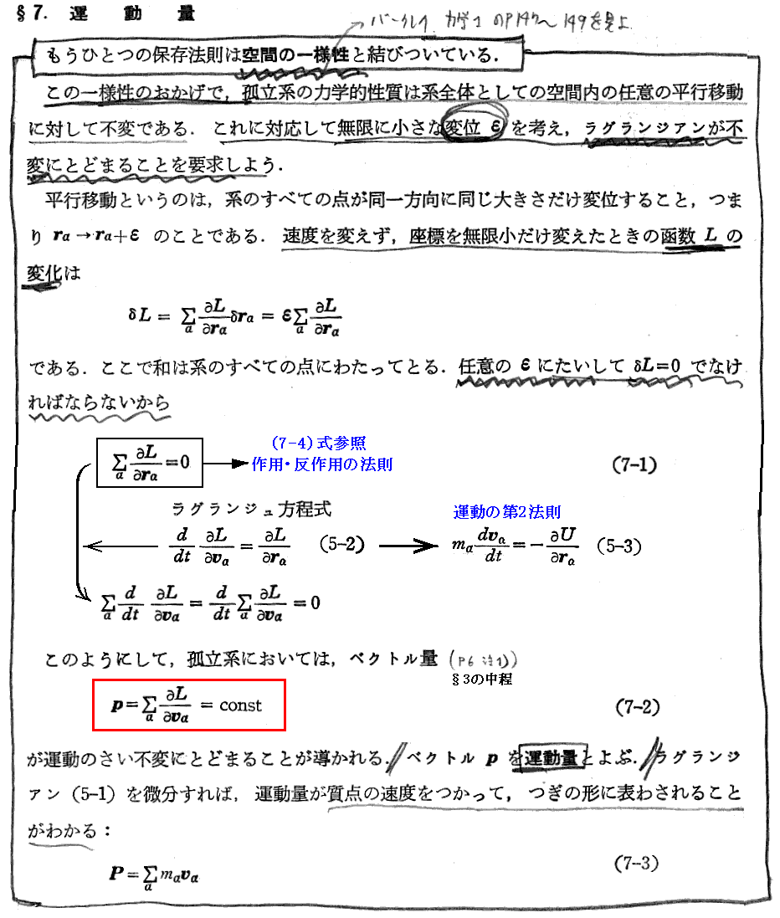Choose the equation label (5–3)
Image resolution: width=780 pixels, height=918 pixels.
pyautogui.click(x=618, y=546)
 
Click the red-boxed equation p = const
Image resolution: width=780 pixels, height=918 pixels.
pyautogui.click(x=189, y=705)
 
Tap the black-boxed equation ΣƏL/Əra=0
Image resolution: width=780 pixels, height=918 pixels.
pyautogui.click(x=150, y=462)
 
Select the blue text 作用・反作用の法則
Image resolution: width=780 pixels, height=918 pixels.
pyautogui.click(x=322, y=464)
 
